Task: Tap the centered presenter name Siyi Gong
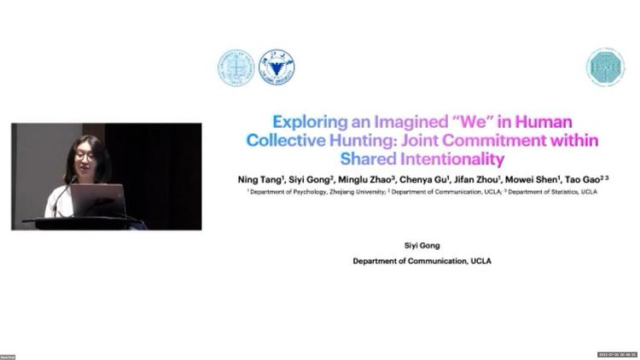pos(422,246)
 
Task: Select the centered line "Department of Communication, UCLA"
pos(422,261)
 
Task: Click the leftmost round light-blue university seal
pos(236,67)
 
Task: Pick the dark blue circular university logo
pos(276,67)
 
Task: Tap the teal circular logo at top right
pos(605,67)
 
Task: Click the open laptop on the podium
pos(97,200)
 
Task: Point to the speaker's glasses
pos(84,156)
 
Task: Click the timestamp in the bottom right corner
pos(617,354)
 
